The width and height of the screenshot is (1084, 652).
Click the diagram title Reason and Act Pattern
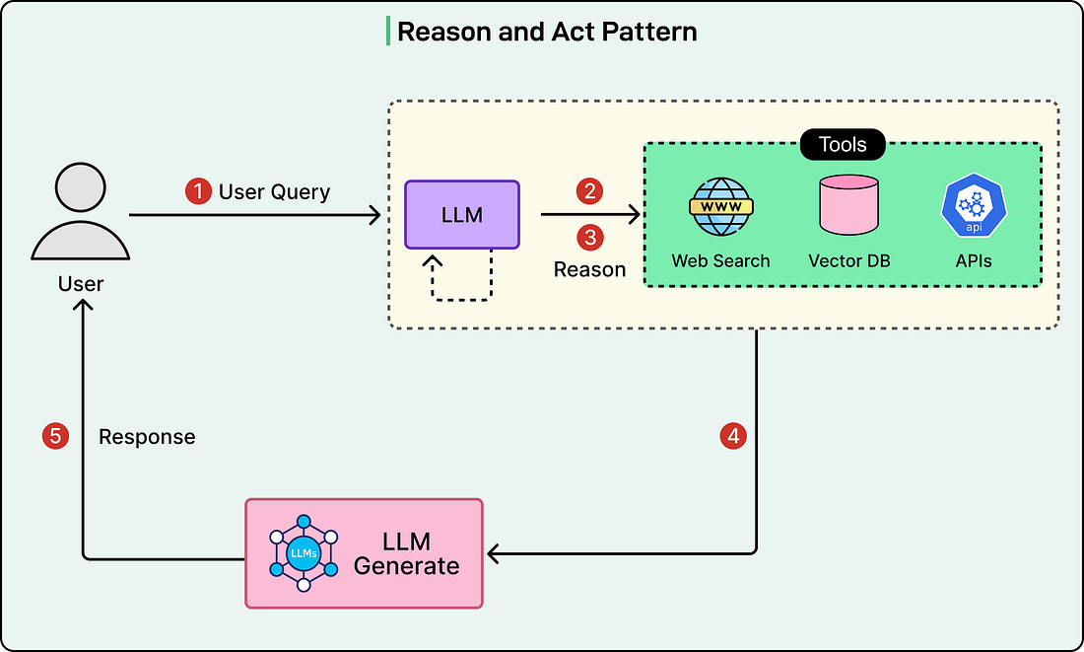[x=546, y=32]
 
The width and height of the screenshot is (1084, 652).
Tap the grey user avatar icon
[x=81, y=213]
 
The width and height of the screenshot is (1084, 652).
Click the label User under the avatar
[x=81, y=284]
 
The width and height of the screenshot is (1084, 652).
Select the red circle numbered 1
[x=198, y=191]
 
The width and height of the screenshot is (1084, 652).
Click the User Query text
[x=274, y=191]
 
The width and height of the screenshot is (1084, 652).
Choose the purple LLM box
[x=462, y=214]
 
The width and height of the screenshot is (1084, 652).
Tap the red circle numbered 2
[x=589, y=191]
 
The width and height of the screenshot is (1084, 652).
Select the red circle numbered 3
[x=589, y=238]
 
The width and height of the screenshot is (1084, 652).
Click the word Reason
[x=589, y=269]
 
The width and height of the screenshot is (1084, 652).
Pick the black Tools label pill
[x=843, y=145]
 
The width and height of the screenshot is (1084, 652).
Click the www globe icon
[x=720, y=207]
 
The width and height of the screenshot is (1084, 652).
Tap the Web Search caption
[x=720, y=261]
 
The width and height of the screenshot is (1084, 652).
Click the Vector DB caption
[x=848, y=261]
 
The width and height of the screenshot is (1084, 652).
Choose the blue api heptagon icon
[x=972, y=207]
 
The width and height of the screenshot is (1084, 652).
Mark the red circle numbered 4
[x=732, y=436]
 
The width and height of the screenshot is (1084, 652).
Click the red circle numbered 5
[x=54, y=436]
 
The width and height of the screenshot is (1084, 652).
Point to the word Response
[x=147, y=436]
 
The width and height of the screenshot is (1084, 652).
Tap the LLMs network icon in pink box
[x=304, y=552]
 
